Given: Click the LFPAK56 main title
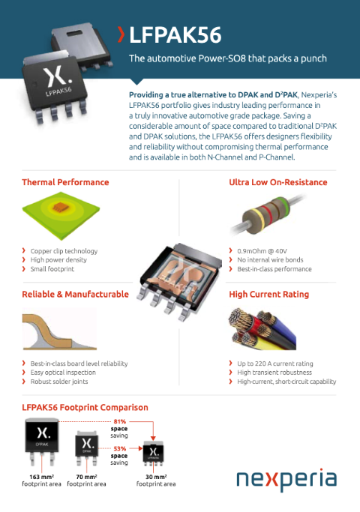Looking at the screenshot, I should click(x=175, y=34).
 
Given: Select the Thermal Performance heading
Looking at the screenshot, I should click(x=65, y=182).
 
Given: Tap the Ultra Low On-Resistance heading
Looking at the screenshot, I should click(x=277, y=182).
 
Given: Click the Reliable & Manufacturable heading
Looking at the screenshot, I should click(x=75, y=295).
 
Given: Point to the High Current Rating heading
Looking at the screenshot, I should click(x=268, y=295).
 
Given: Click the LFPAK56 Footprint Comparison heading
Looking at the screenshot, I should click(x=85, y=407).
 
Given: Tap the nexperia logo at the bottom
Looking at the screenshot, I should click(x=286, y=480).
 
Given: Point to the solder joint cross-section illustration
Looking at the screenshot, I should click(x=60, y=330).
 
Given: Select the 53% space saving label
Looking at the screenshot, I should click(x=120, y=451).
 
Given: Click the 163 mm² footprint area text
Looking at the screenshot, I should click(x=40, y=481).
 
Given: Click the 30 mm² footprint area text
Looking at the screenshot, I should click(x=155, y=481).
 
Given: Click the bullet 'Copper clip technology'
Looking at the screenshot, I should click(x=64, y=250).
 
